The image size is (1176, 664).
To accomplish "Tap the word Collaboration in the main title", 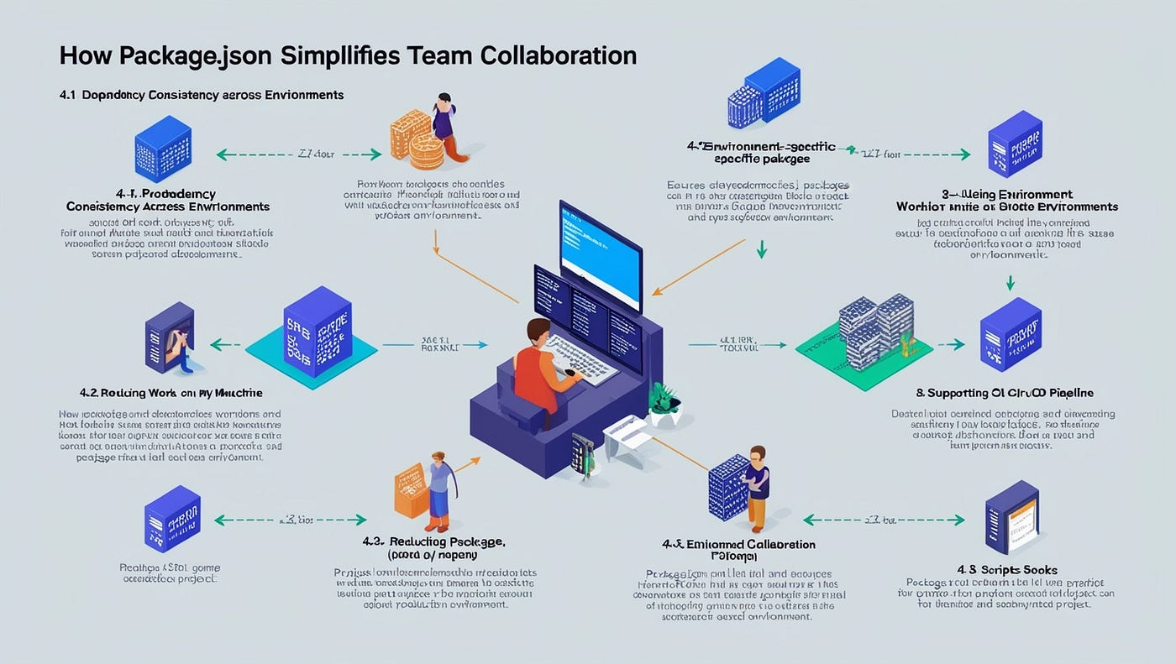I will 559,56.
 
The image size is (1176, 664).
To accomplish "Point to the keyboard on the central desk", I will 580,356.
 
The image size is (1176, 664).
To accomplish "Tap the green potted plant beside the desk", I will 664,401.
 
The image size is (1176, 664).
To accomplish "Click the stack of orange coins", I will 420,139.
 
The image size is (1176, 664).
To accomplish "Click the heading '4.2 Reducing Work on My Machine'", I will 171,392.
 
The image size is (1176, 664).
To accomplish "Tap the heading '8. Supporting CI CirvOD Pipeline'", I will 1004,392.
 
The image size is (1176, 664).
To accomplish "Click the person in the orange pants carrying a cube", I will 757,484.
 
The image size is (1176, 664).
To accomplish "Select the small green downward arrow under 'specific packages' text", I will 761,249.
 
